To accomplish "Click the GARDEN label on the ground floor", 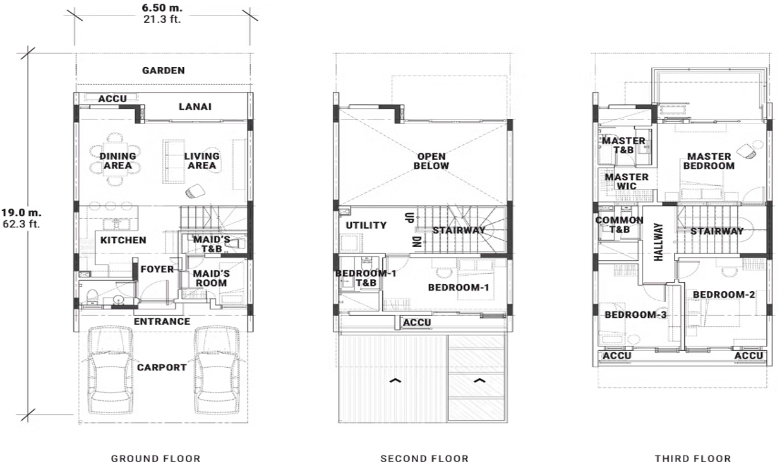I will [164, 70].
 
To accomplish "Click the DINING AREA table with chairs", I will [117, 161].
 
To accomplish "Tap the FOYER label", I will [156, 268].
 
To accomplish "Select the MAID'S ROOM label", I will [212, 278].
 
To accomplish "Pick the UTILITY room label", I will [366, 226].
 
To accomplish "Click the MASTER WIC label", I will [626, 181].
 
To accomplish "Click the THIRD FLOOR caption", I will [693, 458].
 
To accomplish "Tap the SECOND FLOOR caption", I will [424, 458].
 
